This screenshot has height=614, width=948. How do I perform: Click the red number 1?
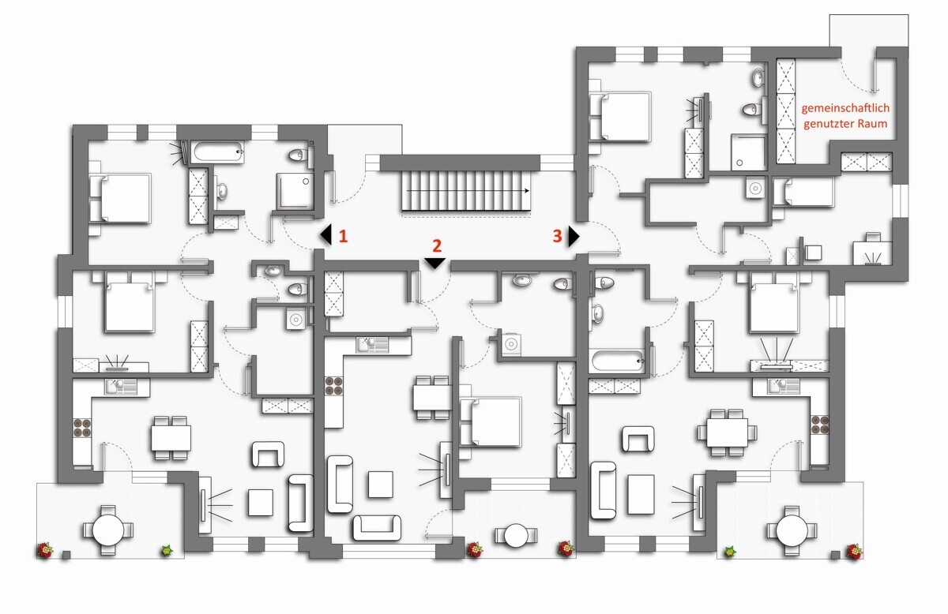(343, 236)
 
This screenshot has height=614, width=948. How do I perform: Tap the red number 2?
(437, 245)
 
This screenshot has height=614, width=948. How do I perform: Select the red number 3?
(558, 236)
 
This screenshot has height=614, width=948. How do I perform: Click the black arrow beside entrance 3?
(574, 236)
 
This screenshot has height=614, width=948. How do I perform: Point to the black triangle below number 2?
(435, 263)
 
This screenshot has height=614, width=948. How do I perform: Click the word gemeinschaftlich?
(845, 108)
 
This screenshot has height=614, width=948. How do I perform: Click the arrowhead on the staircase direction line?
(527, 191)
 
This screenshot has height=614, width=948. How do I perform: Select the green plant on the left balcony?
(167, 551)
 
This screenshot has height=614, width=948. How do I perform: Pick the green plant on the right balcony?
(729, 552)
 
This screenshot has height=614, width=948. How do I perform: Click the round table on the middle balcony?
(515, 535)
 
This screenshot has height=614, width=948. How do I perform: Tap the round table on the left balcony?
(108, 530)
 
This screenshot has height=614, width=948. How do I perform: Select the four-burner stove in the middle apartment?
(334, 385)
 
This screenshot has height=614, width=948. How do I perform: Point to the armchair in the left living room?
(268, 455)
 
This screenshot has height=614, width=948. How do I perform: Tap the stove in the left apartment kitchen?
(82, 428)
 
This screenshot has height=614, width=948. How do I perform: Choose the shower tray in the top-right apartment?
(748, 152)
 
